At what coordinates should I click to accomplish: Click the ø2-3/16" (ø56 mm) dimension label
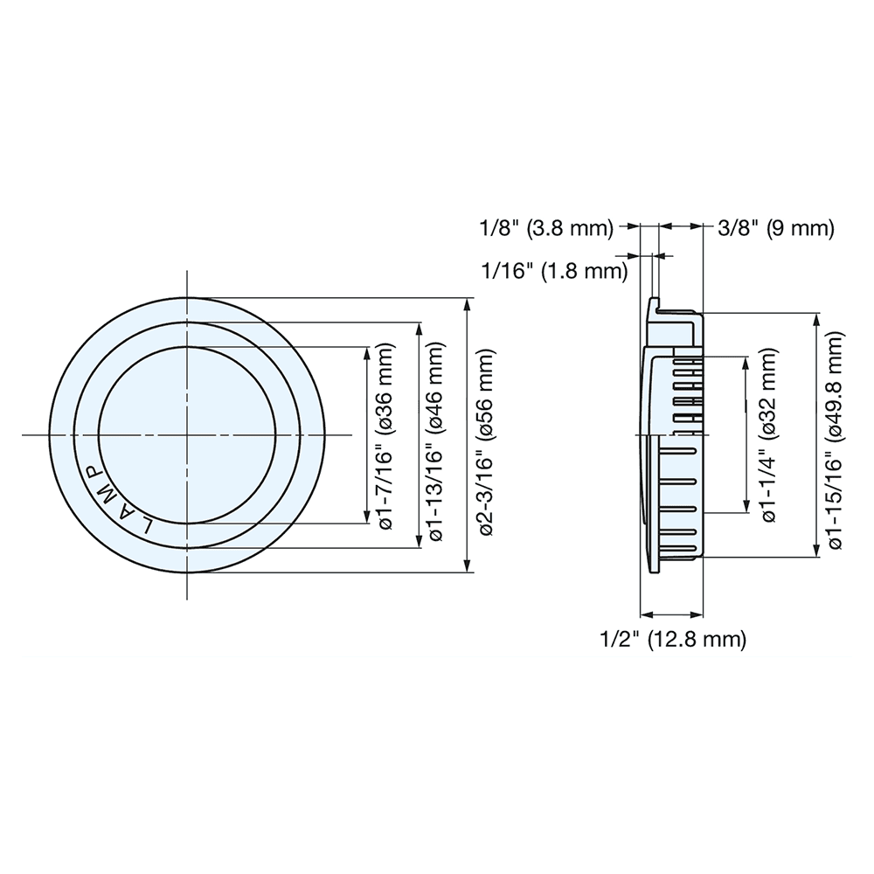487,435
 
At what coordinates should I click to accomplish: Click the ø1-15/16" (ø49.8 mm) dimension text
836,435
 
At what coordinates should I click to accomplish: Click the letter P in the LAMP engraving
90,472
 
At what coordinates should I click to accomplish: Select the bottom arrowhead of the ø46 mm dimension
420,543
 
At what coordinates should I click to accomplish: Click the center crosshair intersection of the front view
187,434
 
